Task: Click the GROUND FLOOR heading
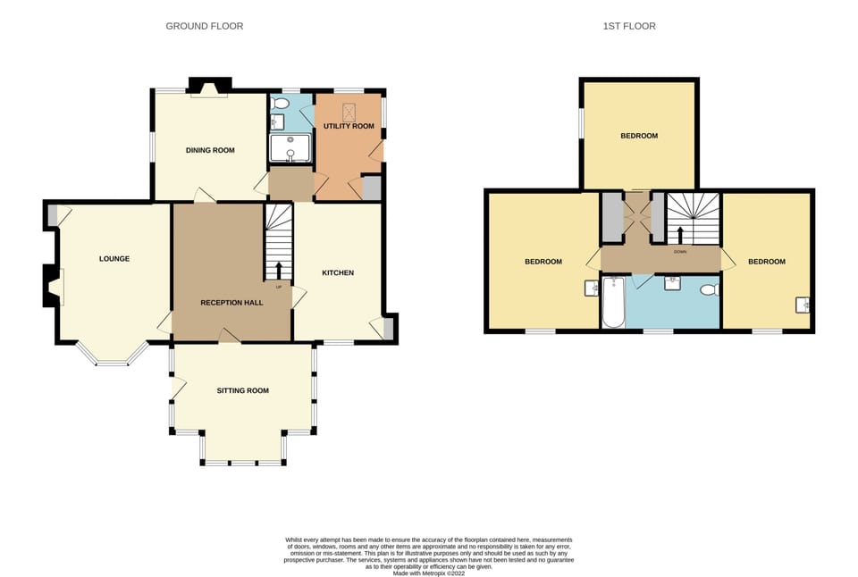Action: [204, 26]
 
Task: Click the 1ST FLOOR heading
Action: [629, 26]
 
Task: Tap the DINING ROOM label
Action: [210, 150]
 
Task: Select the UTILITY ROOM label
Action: [349, 126]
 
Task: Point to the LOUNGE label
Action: [114, 259]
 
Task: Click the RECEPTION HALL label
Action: [231, 303]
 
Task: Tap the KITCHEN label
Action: [339, 272]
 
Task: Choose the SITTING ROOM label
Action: [242, 390]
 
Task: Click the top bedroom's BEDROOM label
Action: [639, 136]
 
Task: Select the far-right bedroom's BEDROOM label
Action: [766, 262]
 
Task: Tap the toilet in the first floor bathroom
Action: [708, 289]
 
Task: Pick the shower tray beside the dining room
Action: [290, 149]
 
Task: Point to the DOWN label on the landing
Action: [680, 252]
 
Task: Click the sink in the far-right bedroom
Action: [803, 305]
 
